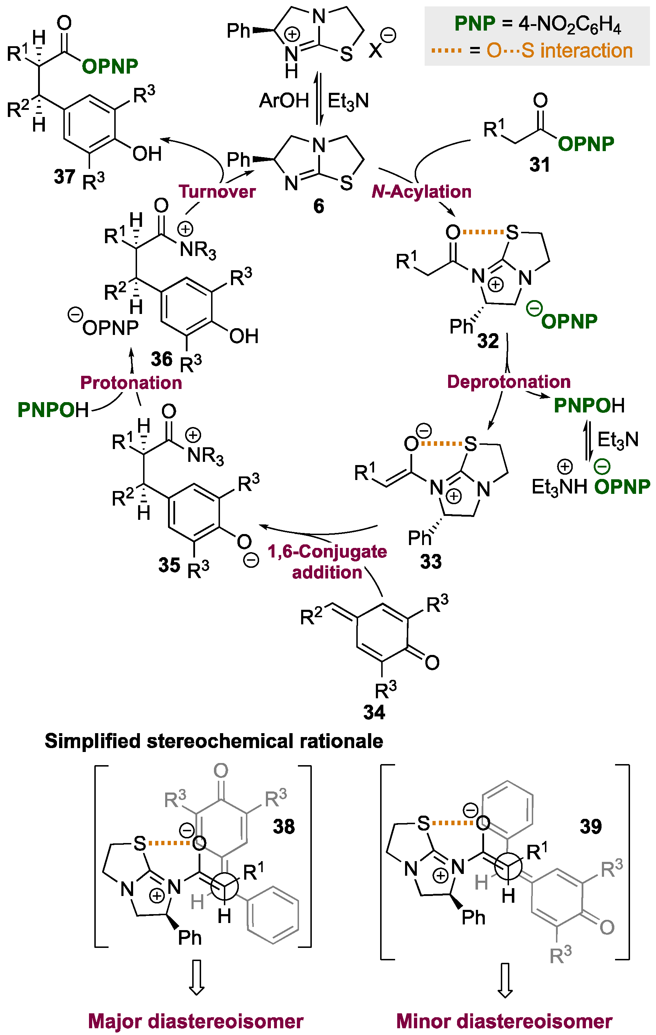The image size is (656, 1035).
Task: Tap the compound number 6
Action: (319, 206)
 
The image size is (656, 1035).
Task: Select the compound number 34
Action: (374, 712)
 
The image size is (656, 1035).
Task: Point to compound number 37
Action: (64, 177)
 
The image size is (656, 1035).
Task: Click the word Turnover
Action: (217, 192)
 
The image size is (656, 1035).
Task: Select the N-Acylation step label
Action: (421, 192)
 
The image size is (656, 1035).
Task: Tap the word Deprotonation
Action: (509, 382)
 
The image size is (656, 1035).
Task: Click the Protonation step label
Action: (131, 383)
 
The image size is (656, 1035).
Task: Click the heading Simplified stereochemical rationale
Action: (214, 741)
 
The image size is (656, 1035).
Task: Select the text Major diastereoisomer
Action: (196, 1021)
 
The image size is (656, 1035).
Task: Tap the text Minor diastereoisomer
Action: (504, 1021)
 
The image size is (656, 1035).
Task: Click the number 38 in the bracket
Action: (284, 827)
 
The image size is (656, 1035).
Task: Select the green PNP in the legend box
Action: (475, 23)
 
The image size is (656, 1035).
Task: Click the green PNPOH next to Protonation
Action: (53, 410)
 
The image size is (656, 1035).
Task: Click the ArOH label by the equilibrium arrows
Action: (284, 101)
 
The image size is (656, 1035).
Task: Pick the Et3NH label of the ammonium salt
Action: (559, 487)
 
